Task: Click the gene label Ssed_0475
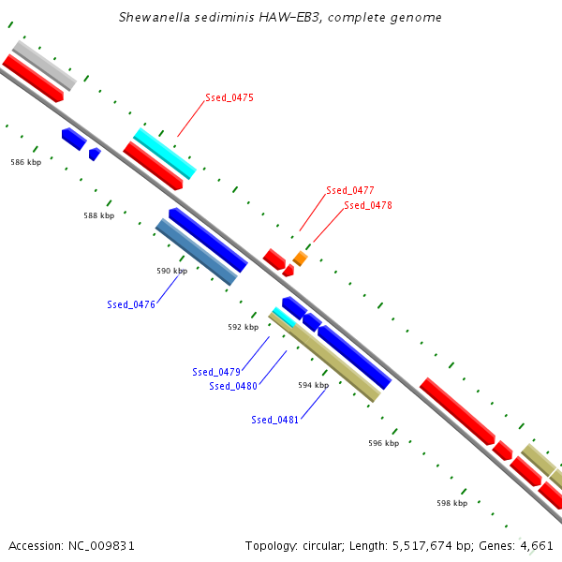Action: click(229, 97)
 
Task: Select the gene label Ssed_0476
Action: click(130, 304)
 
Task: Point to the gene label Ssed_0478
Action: click(367, 205)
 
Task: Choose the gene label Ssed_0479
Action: click(216, 372)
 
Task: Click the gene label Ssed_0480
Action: click(233, 386)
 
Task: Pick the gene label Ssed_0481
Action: click(275, 420)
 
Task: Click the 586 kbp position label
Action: click(25, 162)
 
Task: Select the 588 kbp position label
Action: click(98, 215)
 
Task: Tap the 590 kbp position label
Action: click(171, 271)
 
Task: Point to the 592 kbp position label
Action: click(243, 327)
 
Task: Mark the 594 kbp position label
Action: click(313, 385)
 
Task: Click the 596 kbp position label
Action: click(383, 443)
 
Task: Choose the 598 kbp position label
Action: click(451, 503)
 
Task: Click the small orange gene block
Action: click(300, 258)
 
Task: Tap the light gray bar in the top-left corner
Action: click(43, 64)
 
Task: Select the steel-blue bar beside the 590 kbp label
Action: click(196, 251)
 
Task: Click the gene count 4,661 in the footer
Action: click(537, 545)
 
